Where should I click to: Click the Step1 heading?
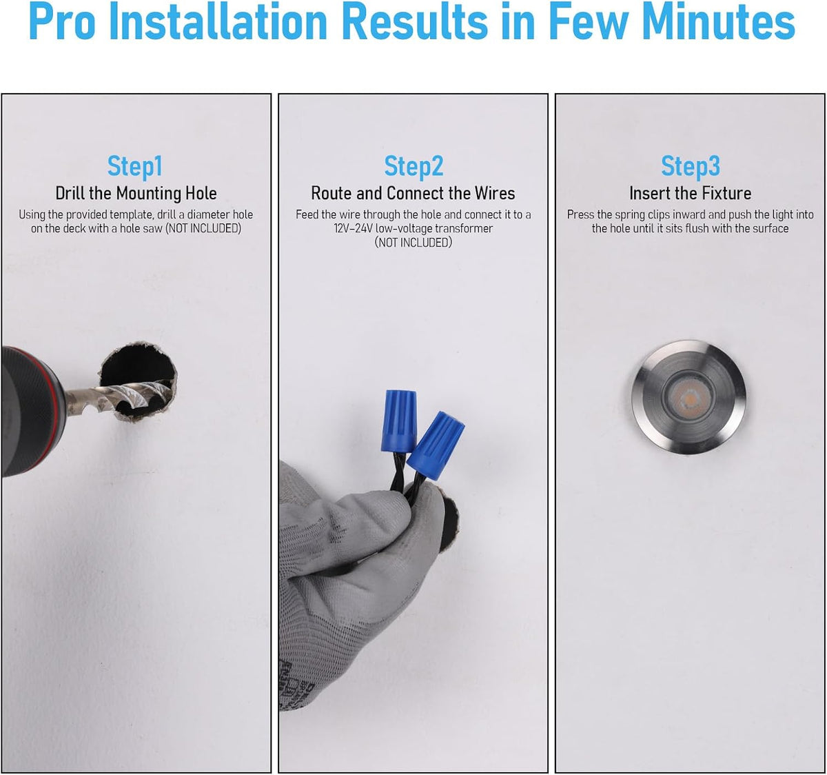134,166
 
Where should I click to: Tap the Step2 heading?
413,167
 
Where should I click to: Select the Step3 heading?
691,166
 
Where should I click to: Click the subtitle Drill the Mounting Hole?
136,193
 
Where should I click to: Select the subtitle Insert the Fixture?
691,193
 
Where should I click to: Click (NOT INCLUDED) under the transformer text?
413,243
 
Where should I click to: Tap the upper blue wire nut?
399,421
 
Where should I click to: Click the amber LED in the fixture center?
688,399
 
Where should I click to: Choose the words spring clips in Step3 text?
642,215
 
